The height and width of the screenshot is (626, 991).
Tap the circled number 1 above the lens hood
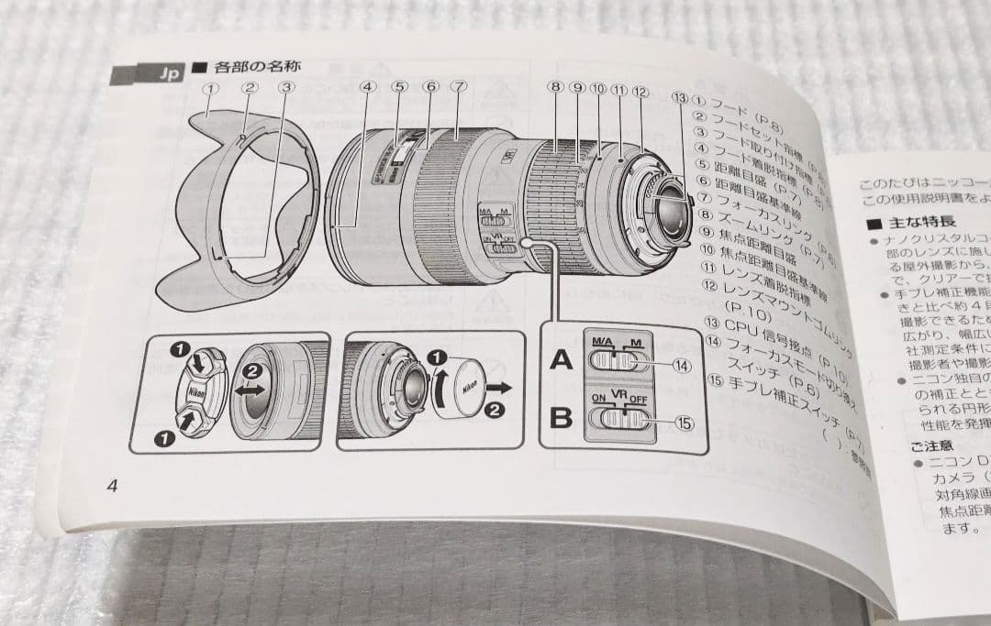pos(211,88)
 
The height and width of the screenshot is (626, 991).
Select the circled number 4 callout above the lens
pos(368,89)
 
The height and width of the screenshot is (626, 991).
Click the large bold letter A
pos(561,360)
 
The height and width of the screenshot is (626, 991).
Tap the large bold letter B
pos(561,418)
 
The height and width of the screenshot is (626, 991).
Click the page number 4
pos(112,486)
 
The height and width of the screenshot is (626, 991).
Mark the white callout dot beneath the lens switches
pos(527,242)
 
